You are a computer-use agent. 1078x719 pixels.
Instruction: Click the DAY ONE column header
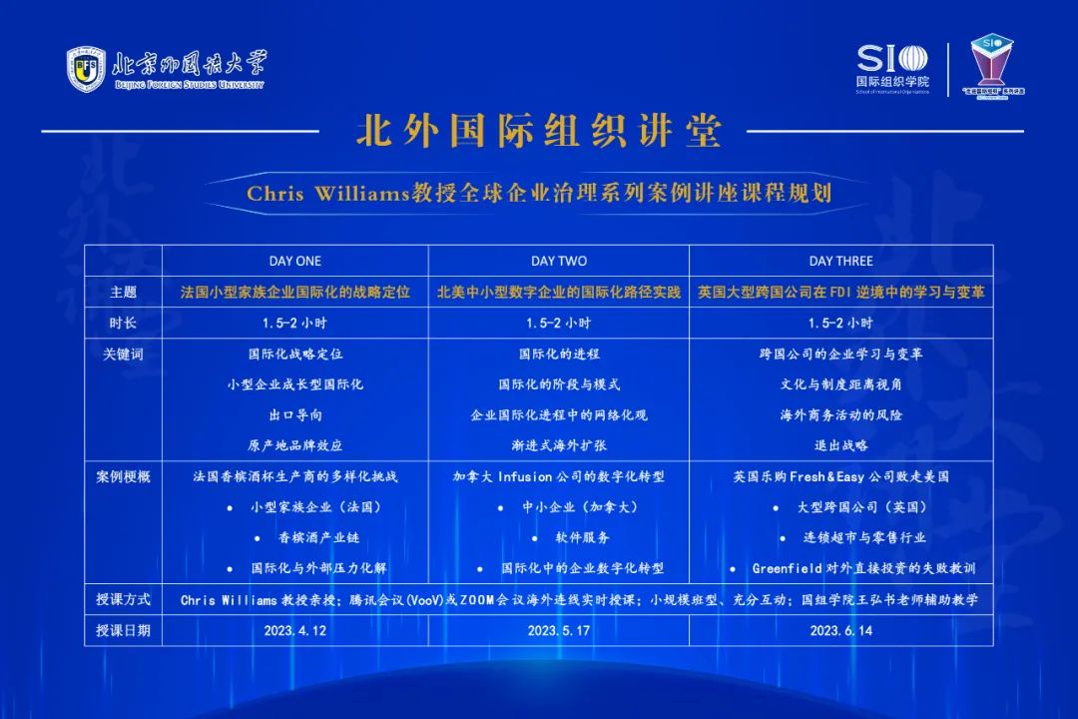click(294, 262)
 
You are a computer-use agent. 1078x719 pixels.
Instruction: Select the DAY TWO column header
click(559, 262)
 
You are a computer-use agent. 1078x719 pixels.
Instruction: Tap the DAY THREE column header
click(840, 262)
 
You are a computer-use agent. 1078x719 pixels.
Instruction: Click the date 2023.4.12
click(294, 630)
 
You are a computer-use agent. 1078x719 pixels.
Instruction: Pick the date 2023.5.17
click(559, 630)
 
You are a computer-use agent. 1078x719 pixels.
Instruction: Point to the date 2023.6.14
click(840, 630)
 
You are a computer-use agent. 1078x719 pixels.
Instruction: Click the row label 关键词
click(123, 355)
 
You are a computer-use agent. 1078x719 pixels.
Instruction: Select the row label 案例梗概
click(123, 476)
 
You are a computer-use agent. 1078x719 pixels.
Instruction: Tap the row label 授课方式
click(123, 599)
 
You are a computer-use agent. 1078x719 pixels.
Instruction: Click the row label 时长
click(123, 323)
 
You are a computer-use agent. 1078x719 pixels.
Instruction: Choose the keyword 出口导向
click(294, 414)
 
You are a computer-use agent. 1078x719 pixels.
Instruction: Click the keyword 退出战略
click(840, 445)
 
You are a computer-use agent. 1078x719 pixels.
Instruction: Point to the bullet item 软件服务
click(582, 537)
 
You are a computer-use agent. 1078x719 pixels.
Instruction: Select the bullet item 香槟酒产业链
click(318, 537)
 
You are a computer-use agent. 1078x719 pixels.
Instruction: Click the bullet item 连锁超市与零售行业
click(864, 537)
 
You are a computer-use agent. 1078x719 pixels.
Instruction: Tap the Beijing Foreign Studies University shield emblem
click(86, 69)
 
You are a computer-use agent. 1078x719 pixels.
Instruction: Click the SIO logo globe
click(911, 59)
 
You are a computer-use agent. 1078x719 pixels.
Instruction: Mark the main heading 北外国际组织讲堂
click(539, 130)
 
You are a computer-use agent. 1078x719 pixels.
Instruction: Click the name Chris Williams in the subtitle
click(328, 194)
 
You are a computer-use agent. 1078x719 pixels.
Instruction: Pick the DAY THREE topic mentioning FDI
click(840, 293)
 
